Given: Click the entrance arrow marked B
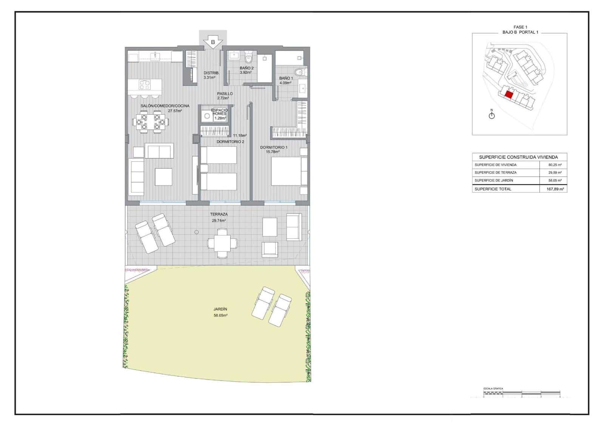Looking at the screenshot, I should pos(213,42).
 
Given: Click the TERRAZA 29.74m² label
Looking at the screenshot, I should pos(219,217).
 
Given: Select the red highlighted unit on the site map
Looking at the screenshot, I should pos(509,95).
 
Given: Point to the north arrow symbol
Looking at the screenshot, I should pos(492,115).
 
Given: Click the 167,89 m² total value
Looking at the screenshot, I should pos(555,189).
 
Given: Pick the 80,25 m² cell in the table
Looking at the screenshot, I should pos(555,165).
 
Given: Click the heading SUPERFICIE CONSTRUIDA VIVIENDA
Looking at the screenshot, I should pos(518,157).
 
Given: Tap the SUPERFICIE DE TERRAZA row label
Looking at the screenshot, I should pos(495,173).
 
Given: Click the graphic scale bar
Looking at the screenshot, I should pos(521,394).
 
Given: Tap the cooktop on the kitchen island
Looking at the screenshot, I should pos(145,84).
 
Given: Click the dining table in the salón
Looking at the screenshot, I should pos(150,122).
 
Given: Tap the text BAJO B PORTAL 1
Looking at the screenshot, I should pos(520,32).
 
